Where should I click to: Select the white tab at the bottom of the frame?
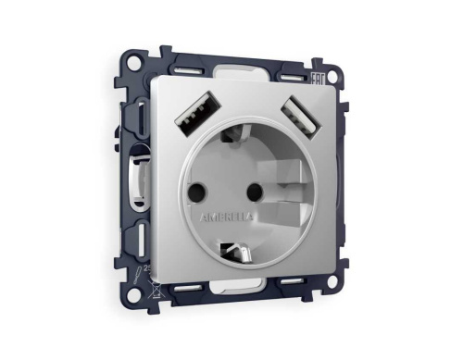(243, 295)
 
